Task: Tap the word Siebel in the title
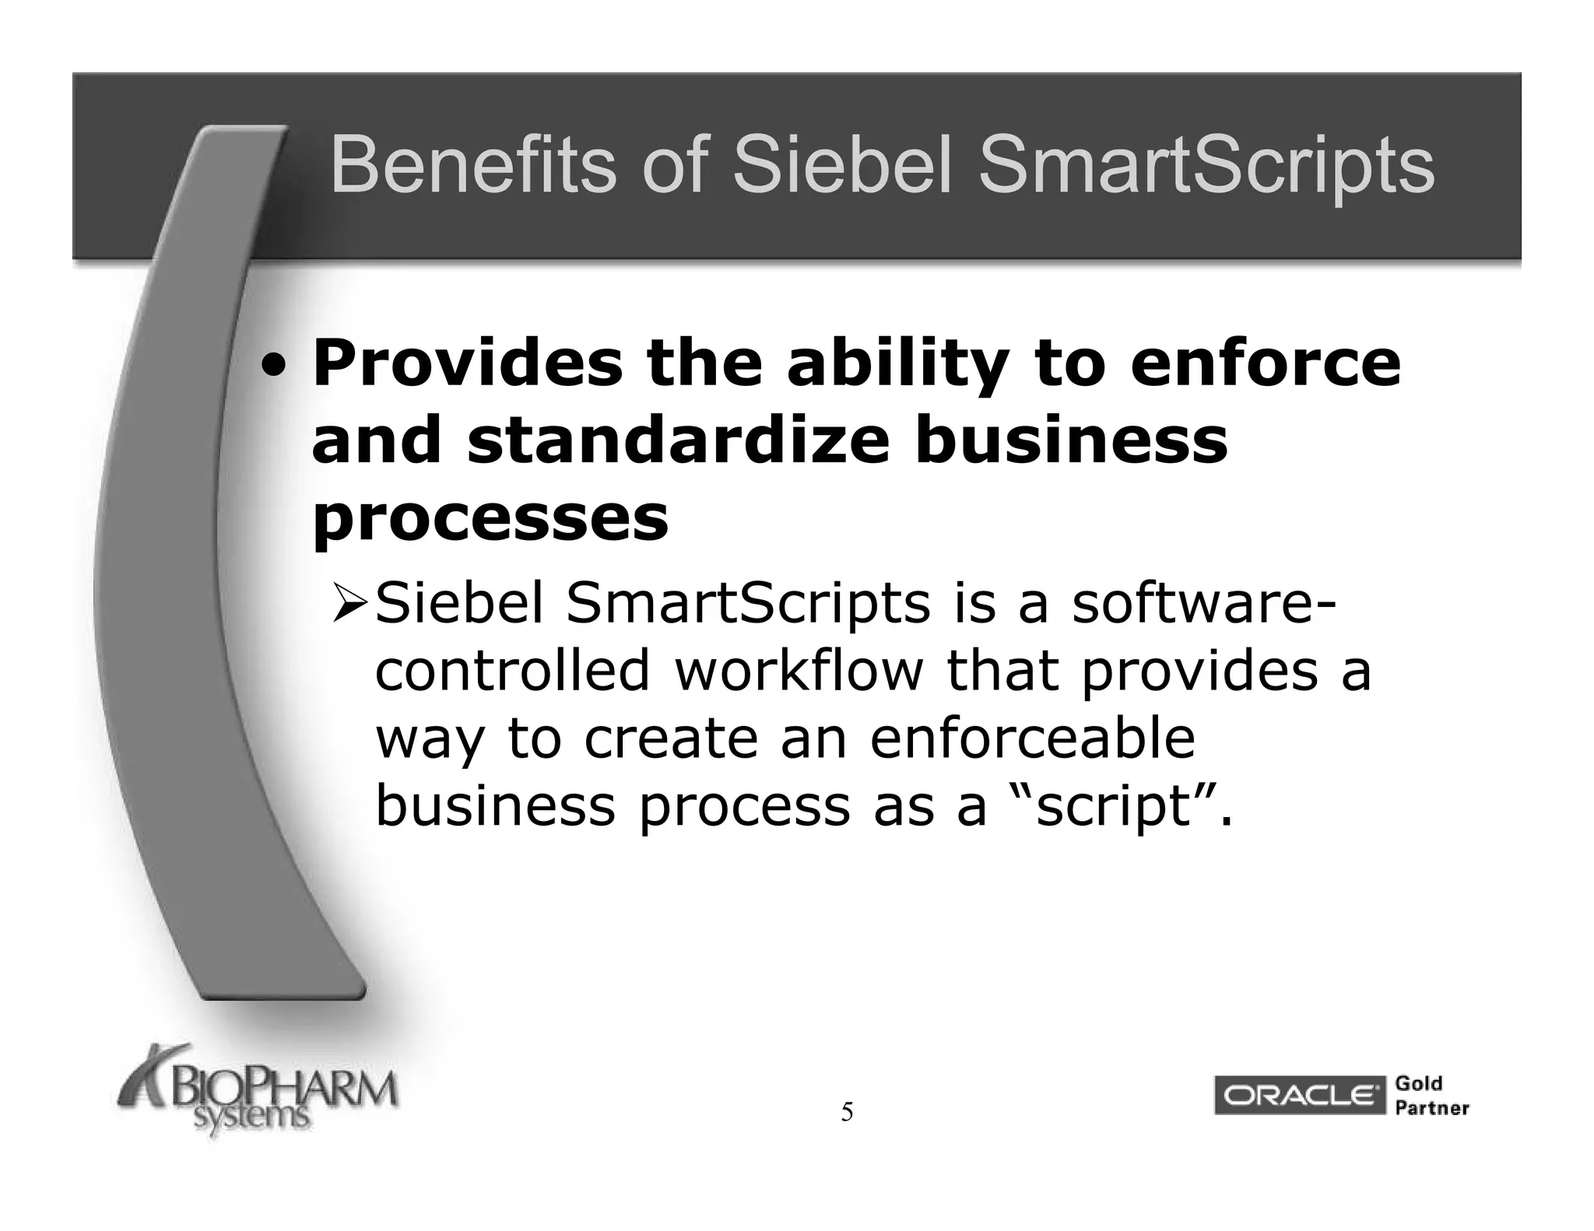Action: [843, 166]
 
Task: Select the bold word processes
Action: [490, 518]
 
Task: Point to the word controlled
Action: [512, 670]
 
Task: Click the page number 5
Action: [847, 1112]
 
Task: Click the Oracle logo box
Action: [1299, 1096]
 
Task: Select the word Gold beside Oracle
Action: [1419, 1083]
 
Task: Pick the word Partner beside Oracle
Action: [1431, 1108]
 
